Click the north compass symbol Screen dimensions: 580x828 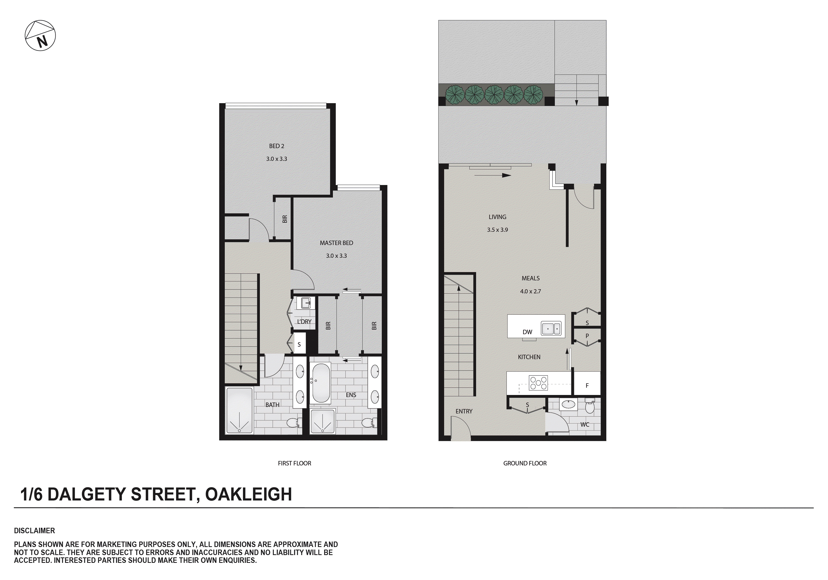[40, 36]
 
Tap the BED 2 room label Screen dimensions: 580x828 [277, 146]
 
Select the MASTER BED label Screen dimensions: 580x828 [336, 243]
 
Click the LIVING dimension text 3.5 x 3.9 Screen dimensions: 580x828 [497, 230]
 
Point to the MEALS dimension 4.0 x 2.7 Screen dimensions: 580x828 [530, 292]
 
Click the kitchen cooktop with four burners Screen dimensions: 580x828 [538, 383]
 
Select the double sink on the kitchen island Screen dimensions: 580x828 [551, 329]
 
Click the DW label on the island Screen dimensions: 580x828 [527, 332]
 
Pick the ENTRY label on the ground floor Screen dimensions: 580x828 [464, 411]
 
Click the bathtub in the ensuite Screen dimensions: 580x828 [321, 383]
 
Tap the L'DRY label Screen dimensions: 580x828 [304, 321]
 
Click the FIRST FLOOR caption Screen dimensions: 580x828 [294, 463]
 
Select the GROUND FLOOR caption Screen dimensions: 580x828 [525, 463]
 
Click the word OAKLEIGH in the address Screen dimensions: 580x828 [248, 494]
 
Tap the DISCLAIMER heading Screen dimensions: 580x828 [35, 531]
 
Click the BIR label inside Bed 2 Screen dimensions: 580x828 [285, 219]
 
